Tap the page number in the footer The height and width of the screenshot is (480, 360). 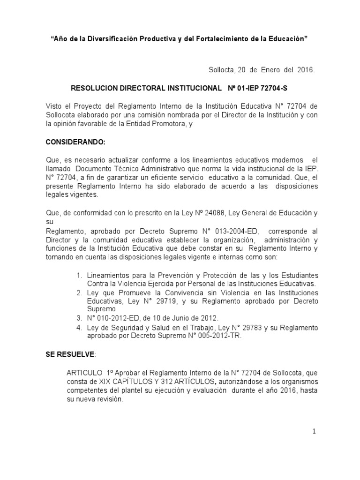[315, 432]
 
